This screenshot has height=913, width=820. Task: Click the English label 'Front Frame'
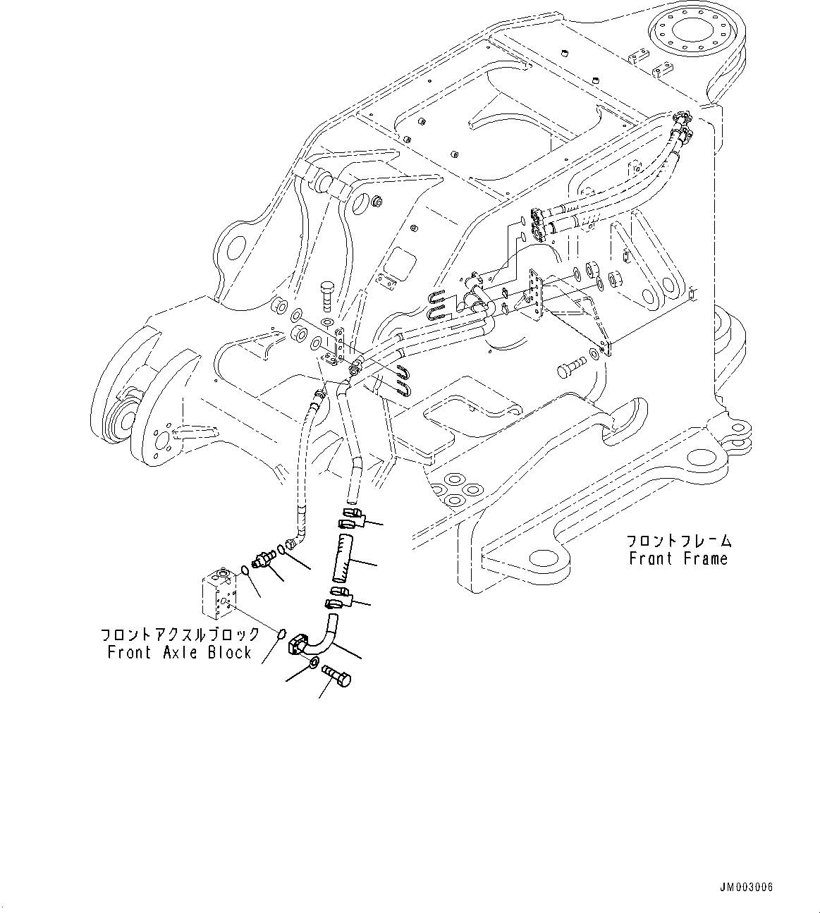tap(678, 558)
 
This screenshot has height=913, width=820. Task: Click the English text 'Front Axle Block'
tap(179, 652)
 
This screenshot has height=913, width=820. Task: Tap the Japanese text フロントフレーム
tap(679, 541)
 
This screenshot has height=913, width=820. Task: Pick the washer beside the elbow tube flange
tap(312, 663)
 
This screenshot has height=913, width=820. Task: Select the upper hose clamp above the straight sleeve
tap(352, 517)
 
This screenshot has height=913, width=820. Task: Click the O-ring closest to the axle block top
tap(244, 570)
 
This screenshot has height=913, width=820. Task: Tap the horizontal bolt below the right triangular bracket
tap(570, 366)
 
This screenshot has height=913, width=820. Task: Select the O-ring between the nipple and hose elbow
tap(282, 548)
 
